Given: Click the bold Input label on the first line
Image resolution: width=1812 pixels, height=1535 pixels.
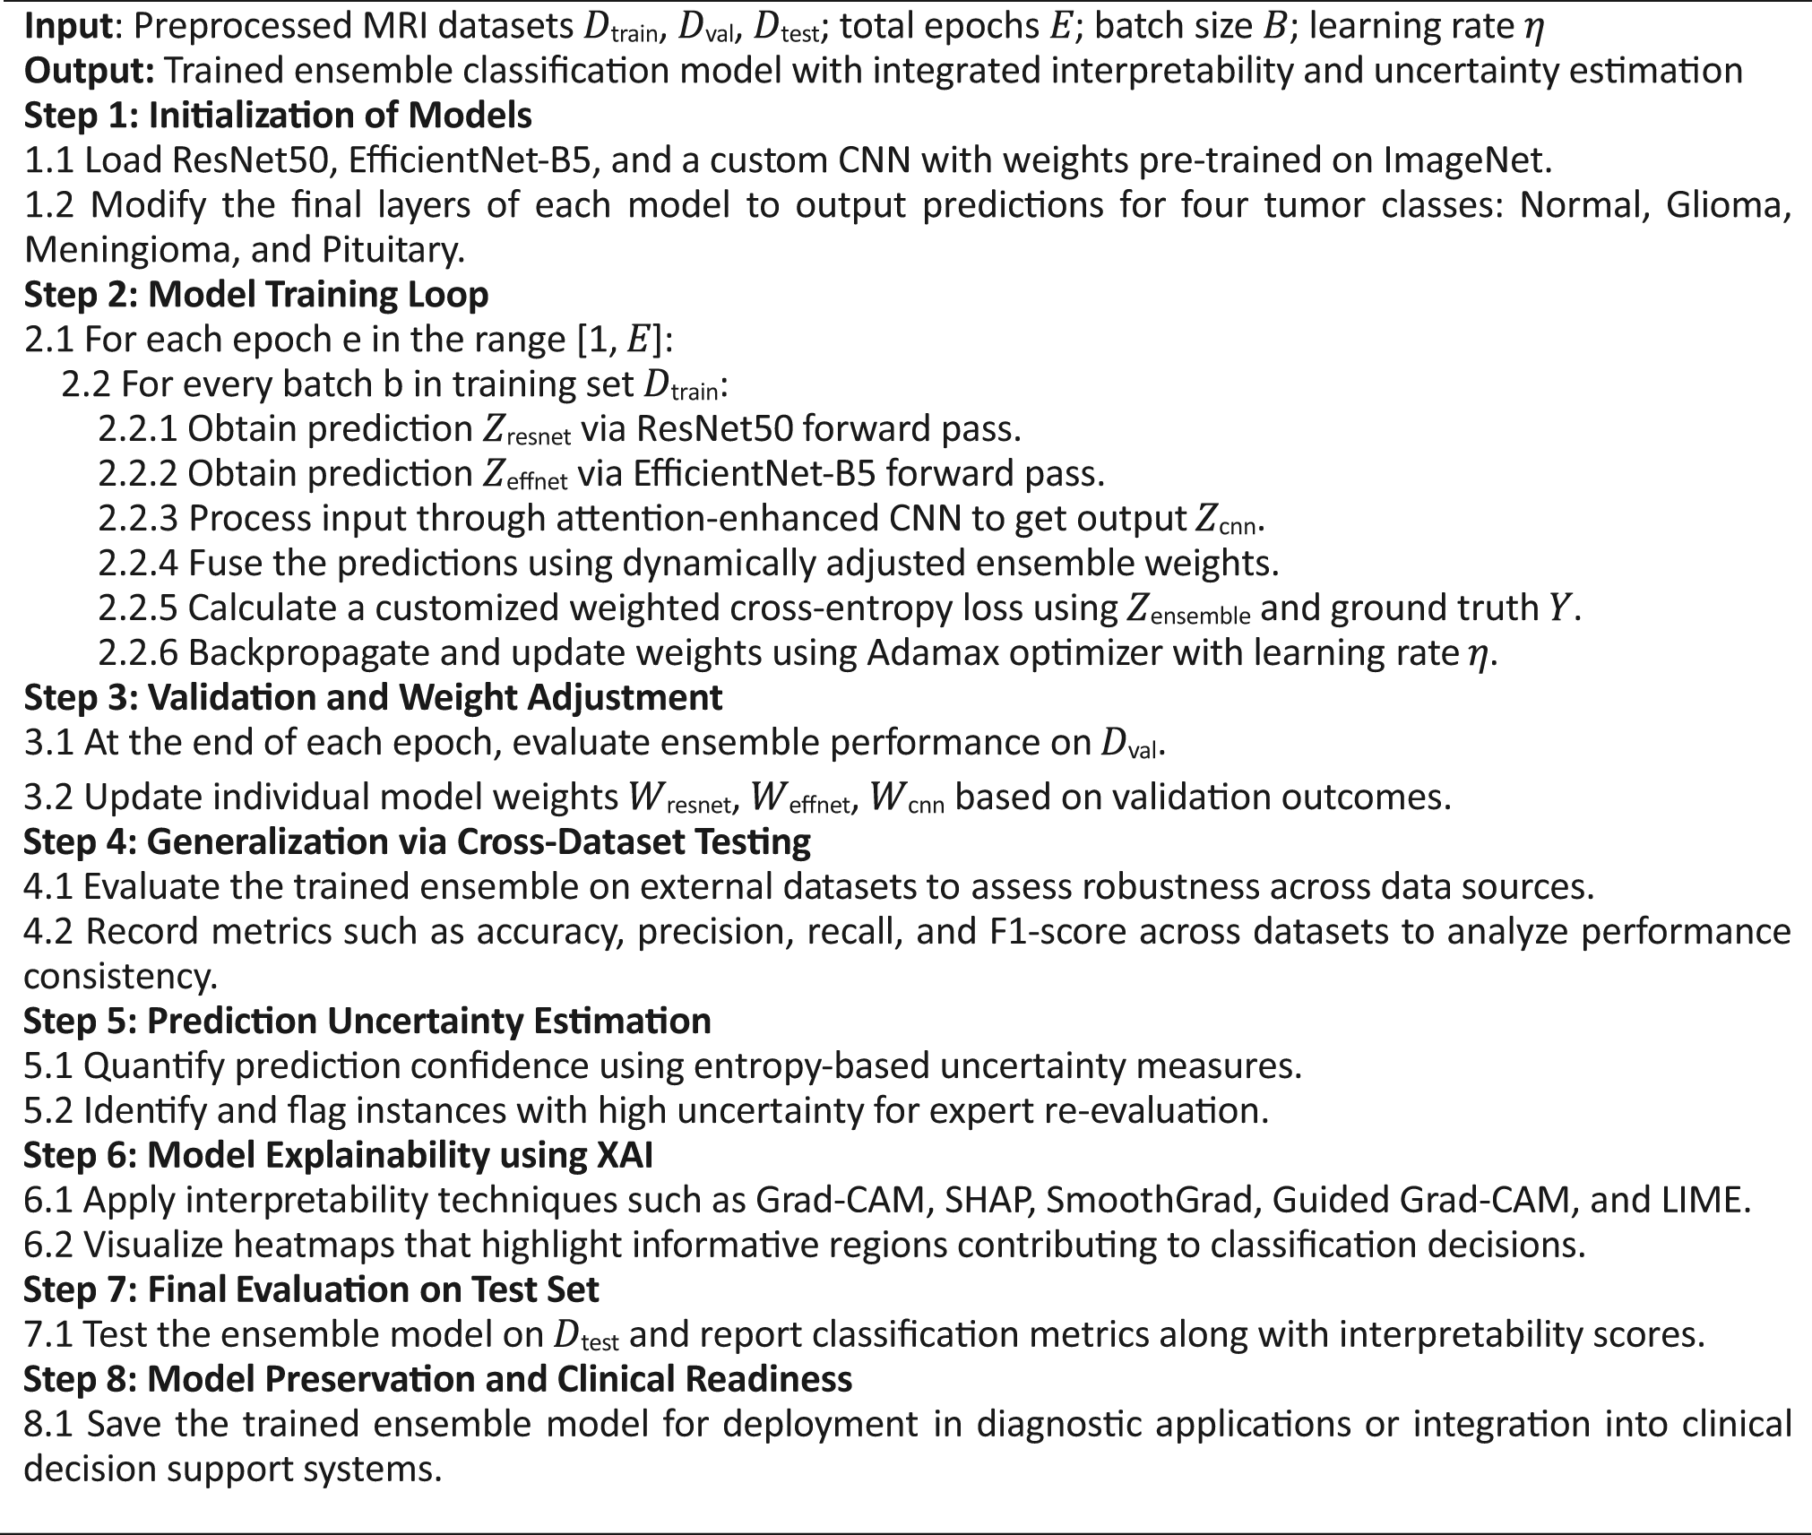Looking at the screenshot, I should pyautogui.click(x=70, y=27).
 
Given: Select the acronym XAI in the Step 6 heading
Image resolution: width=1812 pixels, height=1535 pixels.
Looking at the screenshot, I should pyautogui.click(x=624, y=1155).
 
